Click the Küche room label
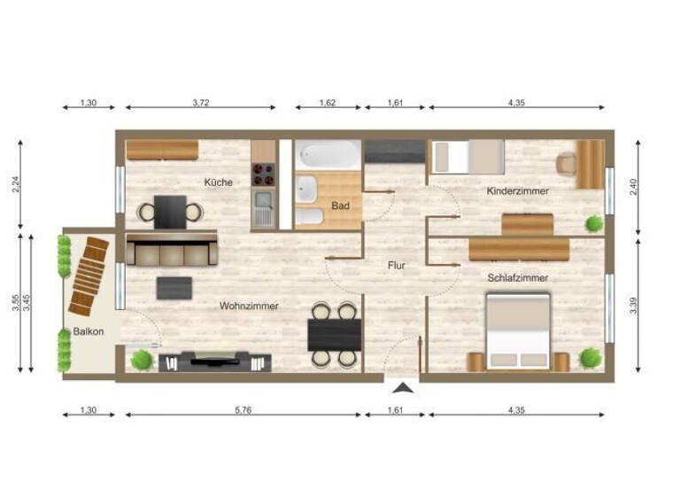218,182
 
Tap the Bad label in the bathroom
341,205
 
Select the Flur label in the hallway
395,264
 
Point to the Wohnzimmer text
249,306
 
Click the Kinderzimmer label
517,191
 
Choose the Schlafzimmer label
517,277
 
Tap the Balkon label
89,332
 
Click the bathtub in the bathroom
328,156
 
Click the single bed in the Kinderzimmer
467,157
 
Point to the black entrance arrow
403,387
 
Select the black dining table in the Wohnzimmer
334,334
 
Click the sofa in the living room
172,252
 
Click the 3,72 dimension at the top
201,104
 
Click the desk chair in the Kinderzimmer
566,164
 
